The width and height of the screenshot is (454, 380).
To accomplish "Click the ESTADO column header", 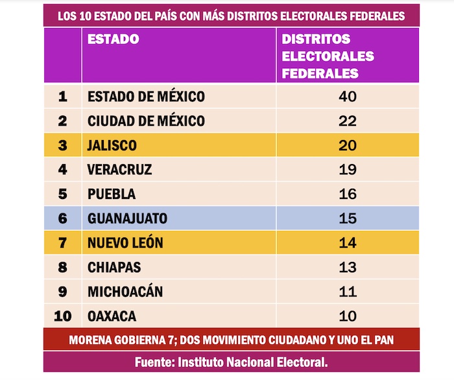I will (x=113, y=39).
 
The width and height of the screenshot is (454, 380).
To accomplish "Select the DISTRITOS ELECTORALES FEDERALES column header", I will (x=328, y=56).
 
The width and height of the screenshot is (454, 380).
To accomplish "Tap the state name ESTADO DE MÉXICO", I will (x=146, y=97).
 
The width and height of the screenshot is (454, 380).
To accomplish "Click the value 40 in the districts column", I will (x=348, y=97).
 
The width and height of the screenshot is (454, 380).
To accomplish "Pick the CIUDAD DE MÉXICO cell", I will (x=146, y=121).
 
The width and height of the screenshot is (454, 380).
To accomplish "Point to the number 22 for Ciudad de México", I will (x=348, y=121).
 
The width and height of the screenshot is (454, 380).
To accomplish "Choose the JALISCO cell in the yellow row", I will (x=112, y=145).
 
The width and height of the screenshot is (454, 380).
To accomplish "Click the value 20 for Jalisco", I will (x=348, y=145).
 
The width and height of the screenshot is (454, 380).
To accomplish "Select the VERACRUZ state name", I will (x=119, y=170).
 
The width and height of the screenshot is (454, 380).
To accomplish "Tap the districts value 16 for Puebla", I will (x=348, y=194).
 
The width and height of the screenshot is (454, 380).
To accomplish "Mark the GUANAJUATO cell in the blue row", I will (x=127, y=219).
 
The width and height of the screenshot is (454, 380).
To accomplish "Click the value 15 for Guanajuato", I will (x=348, y=219).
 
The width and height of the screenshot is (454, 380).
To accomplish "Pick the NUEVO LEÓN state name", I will (x=125, y=243).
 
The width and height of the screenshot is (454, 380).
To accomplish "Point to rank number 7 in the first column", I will (x=63, y=243).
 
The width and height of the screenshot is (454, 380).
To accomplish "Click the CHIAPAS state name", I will (x=114, y=267).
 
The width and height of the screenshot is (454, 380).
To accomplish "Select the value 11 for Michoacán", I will (x=348, y=292).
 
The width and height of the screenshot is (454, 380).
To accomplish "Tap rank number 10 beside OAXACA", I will (x=63, y=316).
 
